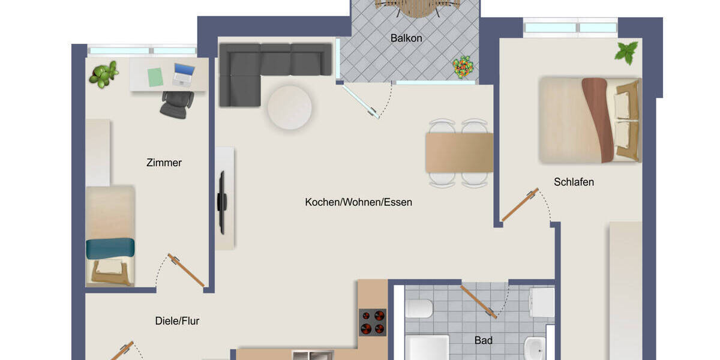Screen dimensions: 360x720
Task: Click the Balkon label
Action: point(406,38)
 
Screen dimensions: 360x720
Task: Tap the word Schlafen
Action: point(574,182)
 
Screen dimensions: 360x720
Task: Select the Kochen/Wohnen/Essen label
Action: point(358,202)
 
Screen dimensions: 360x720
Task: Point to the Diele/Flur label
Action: point(177,321)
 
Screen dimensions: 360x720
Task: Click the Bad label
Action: point(483,340)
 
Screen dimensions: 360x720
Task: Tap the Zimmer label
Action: point(164,163)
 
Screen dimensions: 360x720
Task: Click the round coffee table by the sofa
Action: point(289,107)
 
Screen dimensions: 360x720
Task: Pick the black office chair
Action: point(176,104)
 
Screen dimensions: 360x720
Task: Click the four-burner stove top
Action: point(372,322)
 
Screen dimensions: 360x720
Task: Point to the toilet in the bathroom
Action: point(419,308)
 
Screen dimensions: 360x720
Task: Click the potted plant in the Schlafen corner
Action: point(626,52)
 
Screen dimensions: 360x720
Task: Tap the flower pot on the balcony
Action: point(463,67)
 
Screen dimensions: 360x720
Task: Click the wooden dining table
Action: point(459,152)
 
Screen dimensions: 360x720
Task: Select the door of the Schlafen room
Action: point(520,205)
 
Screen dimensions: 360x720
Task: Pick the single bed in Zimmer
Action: point(110,235)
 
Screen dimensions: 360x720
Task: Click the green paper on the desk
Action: point(155,76)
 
